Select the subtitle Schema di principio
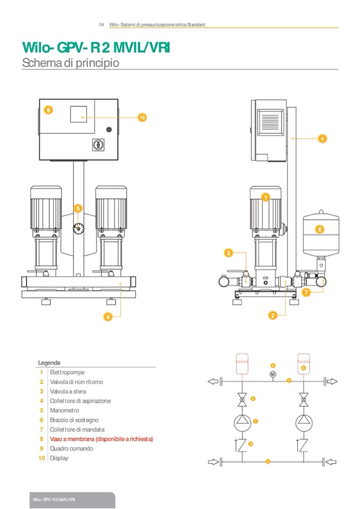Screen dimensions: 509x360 [x=70, y=63]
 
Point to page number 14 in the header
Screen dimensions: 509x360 [x=101, y=25]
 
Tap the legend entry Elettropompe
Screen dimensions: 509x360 [x=67, y=373]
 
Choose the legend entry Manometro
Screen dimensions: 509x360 [x=65, y=410]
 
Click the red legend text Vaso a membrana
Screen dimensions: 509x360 [x=101, y=439]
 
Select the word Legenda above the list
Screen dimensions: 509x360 [x=49, y=363]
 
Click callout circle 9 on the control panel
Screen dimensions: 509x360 [x=48, y=110]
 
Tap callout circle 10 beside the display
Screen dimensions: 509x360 [x=142, y=117]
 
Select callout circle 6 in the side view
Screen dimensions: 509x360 [x=322, y=139]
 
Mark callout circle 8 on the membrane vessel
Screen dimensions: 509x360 [x=320, y=230]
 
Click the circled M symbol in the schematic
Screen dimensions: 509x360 [x=273, y=375]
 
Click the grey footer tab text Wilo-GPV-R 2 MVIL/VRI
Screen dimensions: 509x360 [x=53, y=501]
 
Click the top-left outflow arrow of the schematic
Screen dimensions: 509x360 [x=214, y=381]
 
